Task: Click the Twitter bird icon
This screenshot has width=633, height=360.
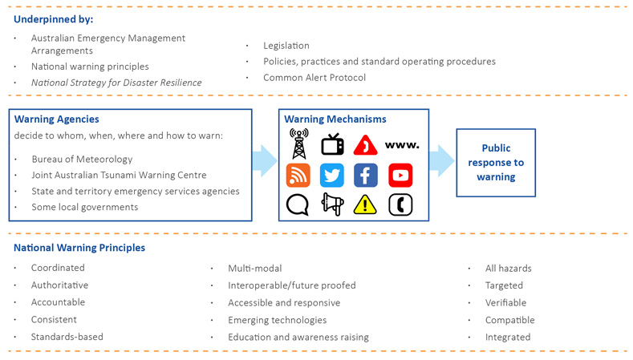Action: pos(331,175)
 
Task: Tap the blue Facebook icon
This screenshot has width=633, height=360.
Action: pos(366,175)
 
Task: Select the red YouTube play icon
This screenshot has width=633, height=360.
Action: pos(400,175)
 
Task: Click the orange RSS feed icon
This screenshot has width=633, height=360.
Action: pos(298,175)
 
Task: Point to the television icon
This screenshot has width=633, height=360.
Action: pos(331,145)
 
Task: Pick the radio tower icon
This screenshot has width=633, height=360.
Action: pos(298,144)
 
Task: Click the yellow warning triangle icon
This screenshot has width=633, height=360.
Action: pos(366,204)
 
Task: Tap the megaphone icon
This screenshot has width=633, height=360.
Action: pos(331,204)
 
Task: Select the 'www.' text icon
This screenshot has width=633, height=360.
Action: pos(401,145)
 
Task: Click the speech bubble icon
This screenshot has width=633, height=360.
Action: pos(298,204)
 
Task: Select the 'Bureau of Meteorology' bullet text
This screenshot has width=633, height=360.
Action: pos(82,159)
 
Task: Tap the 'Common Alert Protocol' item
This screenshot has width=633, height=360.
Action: pos(314,78)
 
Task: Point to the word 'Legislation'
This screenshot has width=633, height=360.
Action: pos(286,46)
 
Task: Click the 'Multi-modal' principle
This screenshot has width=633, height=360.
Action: pos(254,268)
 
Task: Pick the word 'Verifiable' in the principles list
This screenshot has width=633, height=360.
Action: pos(505,302)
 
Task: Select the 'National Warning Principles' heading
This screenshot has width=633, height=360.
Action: pos(79,248)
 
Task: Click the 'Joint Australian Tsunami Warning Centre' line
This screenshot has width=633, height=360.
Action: pos(119,175)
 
